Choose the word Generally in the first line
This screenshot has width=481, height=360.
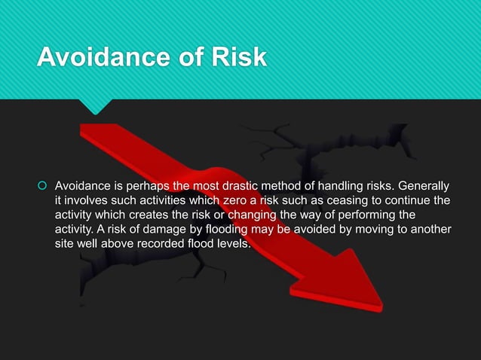click(424, 185)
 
